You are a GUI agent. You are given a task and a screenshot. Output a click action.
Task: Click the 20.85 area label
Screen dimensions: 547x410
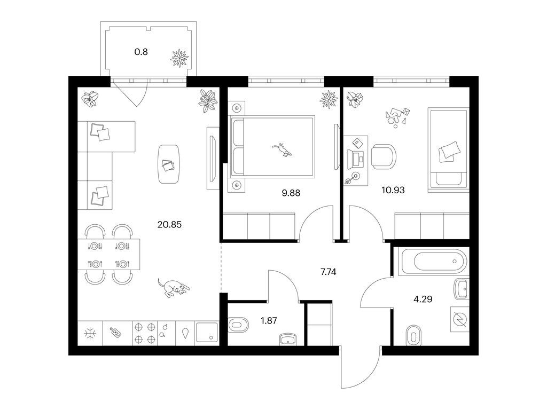coord(169,225)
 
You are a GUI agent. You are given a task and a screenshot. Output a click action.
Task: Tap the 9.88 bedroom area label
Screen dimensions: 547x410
coord(291,193)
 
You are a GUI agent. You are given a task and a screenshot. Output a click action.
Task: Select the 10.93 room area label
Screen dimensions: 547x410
coord(393,190)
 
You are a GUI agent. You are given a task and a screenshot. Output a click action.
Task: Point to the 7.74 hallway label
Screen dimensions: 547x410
coord(329,272)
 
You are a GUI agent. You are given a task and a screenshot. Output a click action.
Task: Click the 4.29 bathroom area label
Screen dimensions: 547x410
coord(423,299)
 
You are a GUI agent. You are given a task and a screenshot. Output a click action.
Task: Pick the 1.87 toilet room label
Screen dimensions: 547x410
coord(269,320)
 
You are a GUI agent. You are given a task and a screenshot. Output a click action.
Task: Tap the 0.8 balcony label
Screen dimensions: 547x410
coord(141,52)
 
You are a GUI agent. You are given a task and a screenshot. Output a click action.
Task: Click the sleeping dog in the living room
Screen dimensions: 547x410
coord(174,288)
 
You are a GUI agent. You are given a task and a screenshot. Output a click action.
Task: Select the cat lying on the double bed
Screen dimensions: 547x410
coord(282,150)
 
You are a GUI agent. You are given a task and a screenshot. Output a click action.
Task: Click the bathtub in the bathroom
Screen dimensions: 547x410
coord(434,262)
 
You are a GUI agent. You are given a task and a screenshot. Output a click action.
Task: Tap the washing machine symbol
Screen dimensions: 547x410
coord(459,319)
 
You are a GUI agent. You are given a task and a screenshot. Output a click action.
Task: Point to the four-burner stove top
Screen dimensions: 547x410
coord(145,333)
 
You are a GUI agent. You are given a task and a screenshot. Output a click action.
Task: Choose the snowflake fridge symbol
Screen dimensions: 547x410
coord(90,333)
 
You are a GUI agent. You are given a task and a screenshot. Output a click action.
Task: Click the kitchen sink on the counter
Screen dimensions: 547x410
coord(207,332)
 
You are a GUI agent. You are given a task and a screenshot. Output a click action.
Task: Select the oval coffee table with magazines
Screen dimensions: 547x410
coord(169,164)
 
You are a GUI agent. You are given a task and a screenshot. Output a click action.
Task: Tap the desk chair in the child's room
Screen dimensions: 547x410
coord(384,156)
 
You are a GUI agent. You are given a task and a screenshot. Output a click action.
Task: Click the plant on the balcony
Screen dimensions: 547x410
coord(179,58)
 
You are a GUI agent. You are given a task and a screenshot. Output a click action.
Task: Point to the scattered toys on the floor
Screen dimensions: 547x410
coord(397,117)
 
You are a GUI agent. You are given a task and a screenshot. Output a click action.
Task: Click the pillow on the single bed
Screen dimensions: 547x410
coord(449,152)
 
